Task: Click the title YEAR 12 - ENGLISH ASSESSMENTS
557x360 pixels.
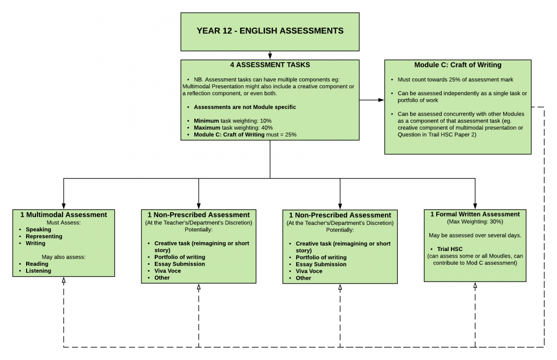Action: (270, 31)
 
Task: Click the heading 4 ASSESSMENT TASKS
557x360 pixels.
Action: (270, 65)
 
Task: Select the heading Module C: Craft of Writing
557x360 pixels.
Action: (457, 65)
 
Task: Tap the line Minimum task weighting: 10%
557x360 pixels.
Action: (232, 120)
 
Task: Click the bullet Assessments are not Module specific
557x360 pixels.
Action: (244, 107)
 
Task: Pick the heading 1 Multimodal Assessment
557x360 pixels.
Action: (64, 215)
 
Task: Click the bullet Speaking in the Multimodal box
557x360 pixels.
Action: (38, 229)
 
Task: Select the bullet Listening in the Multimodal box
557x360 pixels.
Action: (38, 271)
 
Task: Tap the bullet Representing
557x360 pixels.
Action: (44, 236)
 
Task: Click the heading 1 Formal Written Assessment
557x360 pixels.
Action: (475, 214)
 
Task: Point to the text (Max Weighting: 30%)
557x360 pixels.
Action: (475, 221)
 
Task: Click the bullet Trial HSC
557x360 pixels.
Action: (450, 249)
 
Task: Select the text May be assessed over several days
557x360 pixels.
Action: (475, 235)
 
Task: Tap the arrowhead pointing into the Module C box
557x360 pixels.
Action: (381, 100)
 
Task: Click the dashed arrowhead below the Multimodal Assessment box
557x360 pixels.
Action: (64, 281)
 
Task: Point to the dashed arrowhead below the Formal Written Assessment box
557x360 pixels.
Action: (475, 286)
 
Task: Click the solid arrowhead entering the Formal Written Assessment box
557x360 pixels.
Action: (475, 206)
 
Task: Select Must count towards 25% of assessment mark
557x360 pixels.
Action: (455, 79)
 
